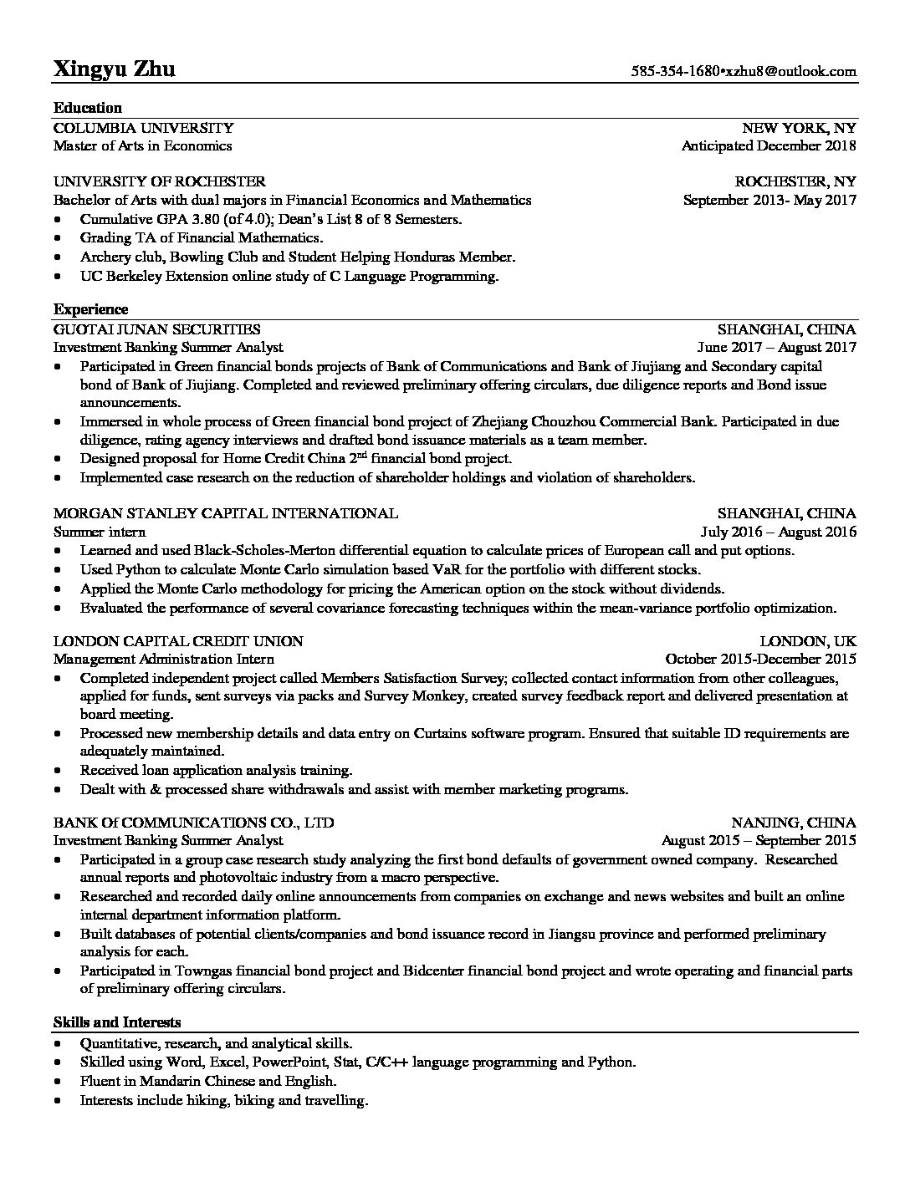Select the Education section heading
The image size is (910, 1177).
pos(88,107)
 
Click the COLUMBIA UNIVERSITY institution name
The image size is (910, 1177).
pos(143,128)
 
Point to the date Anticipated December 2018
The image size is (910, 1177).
pos(769,146)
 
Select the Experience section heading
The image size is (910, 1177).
pos(90,309)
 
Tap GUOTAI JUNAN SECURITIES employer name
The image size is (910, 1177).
pos(156,329)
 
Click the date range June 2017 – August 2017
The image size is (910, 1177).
pos(776,348)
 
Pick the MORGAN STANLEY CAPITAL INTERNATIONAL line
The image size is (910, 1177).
pos(225,513)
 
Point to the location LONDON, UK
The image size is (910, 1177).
pos(808,641)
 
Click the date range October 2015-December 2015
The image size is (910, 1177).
pos(760,659)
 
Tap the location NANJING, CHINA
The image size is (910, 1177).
pos(794,822)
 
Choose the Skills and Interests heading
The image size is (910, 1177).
pos(117,1022)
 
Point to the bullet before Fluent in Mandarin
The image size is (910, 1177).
pos(56,1082)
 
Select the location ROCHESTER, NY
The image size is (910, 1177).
pos(795,181)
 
